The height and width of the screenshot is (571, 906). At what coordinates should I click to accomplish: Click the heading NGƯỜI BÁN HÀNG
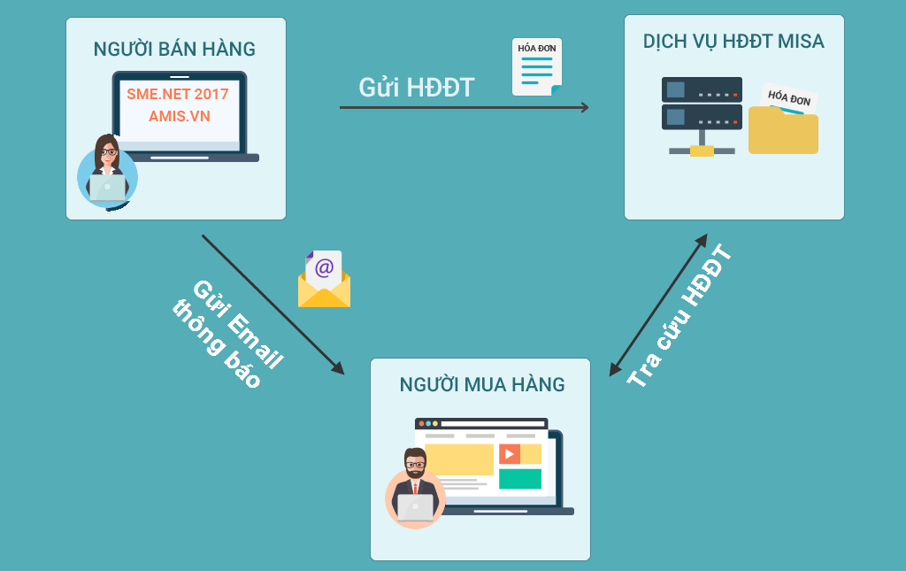point(174,49)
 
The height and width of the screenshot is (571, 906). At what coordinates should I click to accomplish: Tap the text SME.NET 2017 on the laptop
point(177,94)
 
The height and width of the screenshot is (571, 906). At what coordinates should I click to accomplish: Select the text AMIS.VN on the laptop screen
point(179,116)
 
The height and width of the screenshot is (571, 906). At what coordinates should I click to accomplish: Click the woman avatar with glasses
point(107,172)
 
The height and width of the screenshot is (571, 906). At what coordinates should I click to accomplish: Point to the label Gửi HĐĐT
point(417,88)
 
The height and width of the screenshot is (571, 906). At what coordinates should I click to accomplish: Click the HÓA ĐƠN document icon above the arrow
point(537,67)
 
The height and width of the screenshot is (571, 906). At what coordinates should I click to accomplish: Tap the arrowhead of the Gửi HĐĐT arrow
point(585,107)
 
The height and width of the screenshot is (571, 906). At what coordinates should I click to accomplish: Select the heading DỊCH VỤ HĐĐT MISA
point(733,42)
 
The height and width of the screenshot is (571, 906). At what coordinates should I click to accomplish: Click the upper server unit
point(702,89)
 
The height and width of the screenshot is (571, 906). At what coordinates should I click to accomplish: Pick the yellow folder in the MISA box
point(784,131)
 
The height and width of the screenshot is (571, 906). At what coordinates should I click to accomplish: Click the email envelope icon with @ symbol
point(324,279)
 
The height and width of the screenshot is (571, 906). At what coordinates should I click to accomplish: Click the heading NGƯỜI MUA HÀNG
point(482,385)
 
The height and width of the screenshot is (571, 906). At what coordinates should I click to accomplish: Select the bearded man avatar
point(415,488)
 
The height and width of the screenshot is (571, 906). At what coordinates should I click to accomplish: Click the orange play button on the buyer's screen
point(509,454)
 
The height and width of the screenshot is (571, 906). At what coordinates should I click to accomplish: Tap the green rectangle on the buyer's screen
point(520,479)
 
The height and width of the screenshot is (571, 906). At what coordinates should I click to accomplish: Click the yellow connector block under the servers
point(702,150)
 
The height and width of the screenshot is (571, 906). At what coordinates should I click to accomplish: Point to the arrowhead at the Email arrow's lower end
point(337,367)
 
